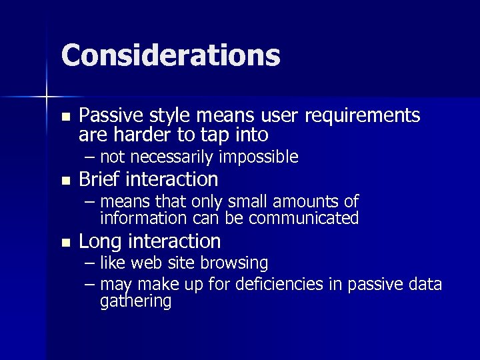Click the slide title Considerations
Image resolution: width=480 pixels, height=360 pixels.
pyautogui.click(x=171, y=55)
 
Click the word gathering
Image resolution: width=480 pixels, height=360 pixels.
pyautogui.click(x=135, y=301)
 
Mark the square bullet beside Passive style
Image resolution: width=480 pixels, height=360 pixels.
pyautogui.click(x=65, y=116)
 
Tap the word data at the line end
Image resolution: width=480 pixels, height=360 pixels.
pyautogui.click(x=426, y=285)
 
